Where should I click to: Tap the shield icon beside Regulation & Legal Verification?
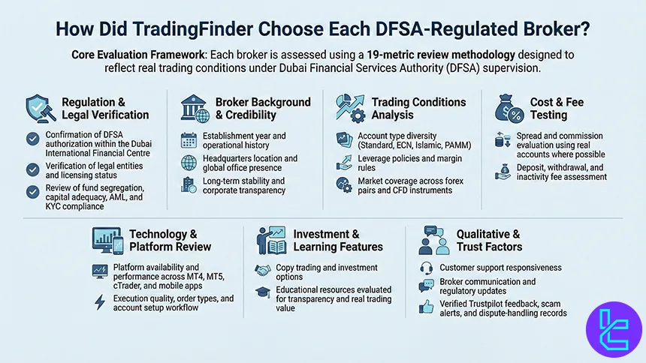tap(38, 107)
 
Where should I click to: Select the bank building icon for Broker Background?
tap(194, 108)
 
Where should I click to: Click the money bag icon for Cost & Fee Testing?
tap(509, 109)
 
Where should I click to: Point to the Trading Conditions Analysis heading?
tap(418, 108)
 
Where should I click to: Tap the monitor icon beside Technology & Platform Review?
tap(104, 240)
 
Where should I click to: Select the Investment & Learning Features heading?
tap(337, 240)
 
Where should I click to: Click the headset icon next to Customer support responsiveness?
tap(426, 267)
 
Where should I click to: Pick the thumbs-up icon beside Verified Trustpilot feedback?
tap(426, 307)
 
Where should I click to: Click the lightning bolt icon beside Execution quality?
tap(100, 302)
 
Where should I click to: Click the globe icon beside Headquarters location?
tap(189, 163)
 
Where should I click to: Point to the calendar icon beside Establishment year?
tap(189, 139)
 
